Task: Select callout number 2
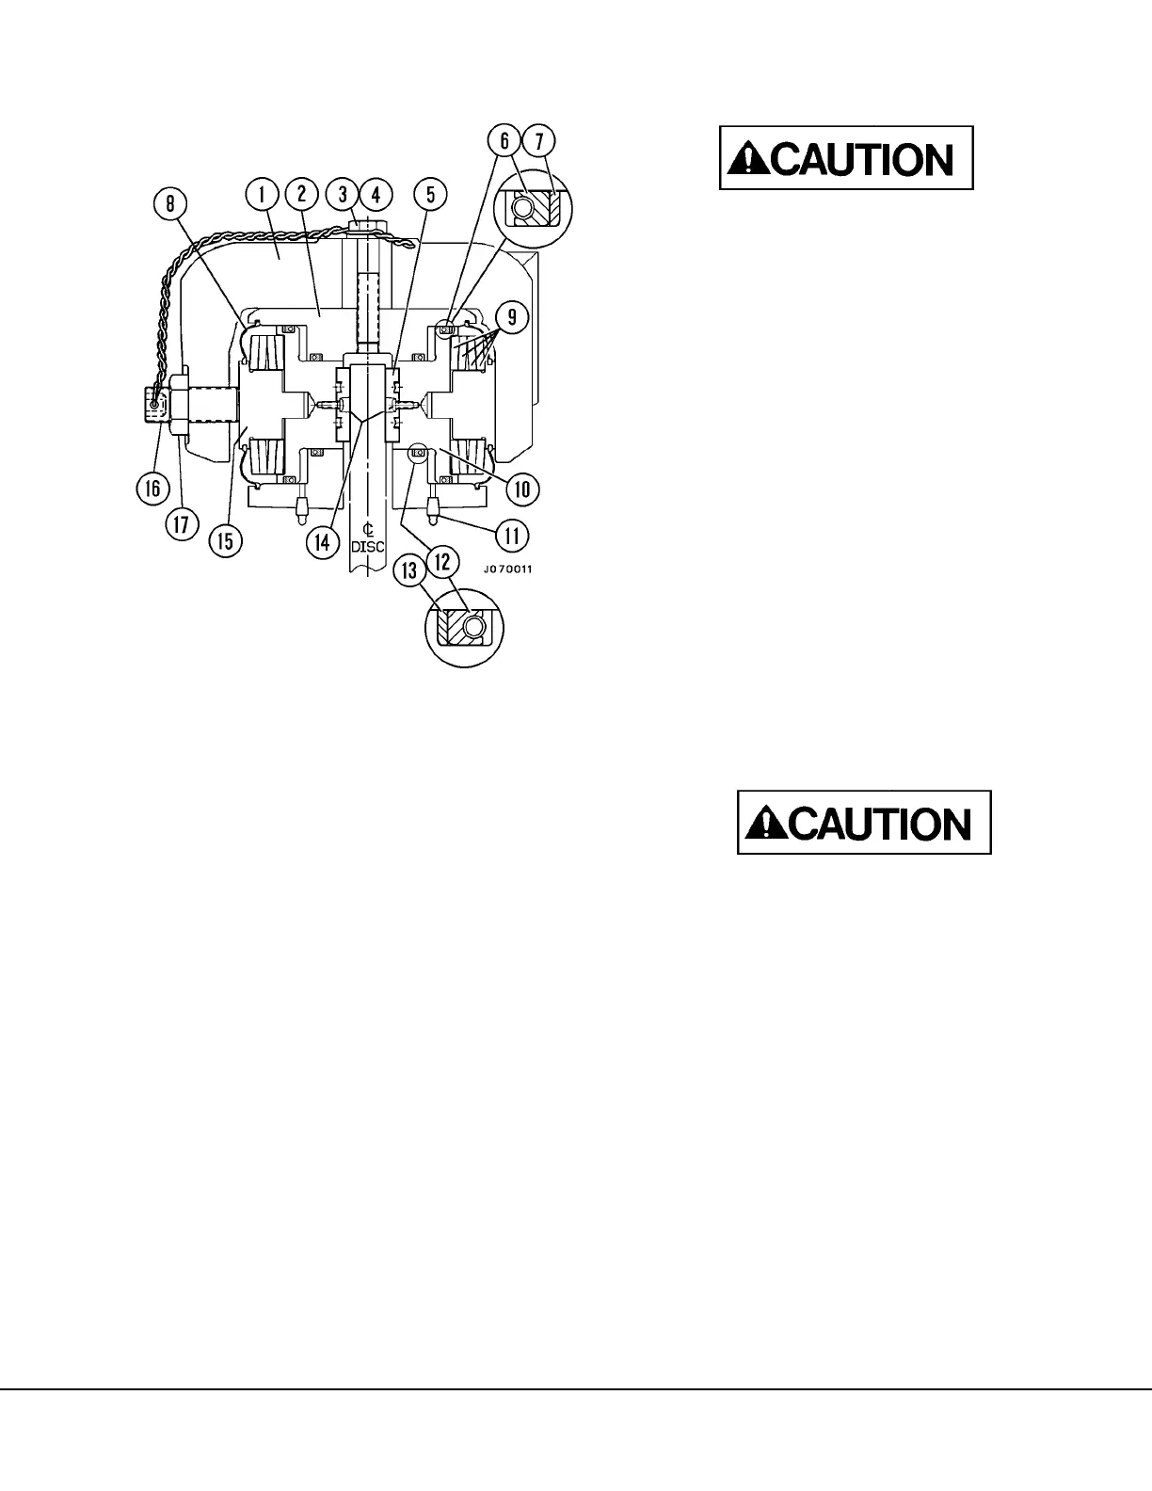301,195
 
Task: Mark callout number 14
323,541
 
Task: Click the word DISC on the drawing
368,546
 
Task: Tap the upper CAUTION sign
846,159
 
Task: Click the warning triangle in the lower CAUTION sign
764,825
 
